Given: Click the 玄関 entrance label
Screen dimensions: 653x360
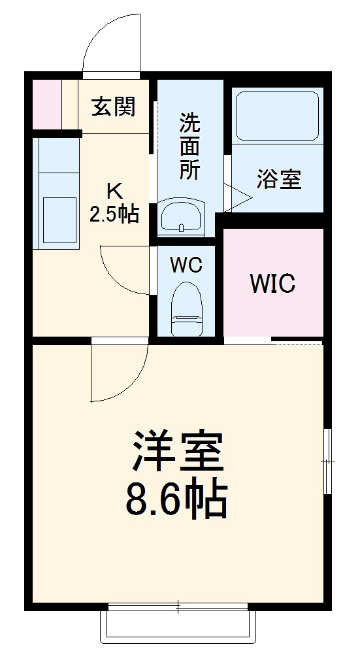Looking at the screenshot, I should (x=113, y=107).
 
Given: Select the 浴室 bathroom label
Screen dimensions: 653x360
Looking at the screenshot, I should (x=279, y=179).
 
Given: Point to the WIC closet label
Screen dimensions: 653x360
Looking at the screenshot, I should (x=273, y=284).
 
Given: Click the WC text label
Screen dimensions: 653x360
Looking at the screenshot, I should (x=186, y=265).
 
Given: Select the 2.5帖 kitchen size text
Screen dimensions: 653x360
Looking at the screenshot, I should (x=114, y=214).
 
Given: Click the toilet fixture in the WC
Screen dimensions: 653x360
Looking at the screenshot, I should (x=186, y=307).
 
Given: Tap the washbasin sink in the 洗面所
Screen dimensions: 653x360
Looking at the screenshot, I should (x=182, y=217).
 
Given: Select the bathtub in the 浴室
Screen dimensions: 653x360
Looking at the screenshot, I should (x=277, y=115).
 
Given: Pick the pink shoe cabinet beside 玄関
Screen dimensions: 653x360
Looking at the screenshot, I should (x=46, y=104).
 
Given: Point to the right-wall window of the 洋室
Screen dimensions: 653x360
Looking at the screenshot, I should (x=327, y=461).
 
